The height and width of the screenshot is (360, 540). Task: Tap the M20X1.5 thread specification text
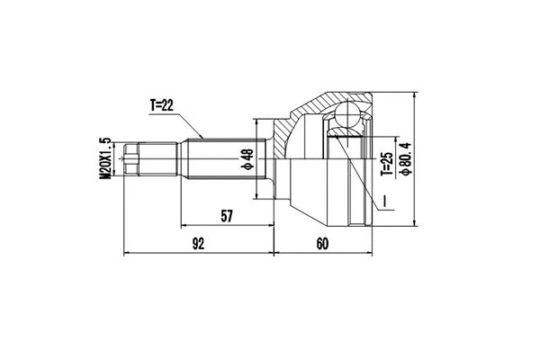[x=105, y=158]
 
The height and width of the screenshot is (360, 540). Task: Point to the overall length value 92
[x=198, y=243]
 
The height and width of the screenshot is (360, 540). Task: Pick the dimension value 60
[x=323, y=243]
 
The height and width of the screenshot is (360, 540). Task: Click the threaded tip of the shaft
[x=132, y=159]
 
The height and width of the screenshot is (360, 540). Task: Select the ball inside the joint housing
[x=346, y=117]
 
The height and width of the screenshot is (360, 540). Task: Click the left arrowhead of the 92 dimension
[x=128, y=253]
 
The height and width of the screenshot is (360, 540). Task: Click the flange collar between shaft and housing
[x=265, y=159]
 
